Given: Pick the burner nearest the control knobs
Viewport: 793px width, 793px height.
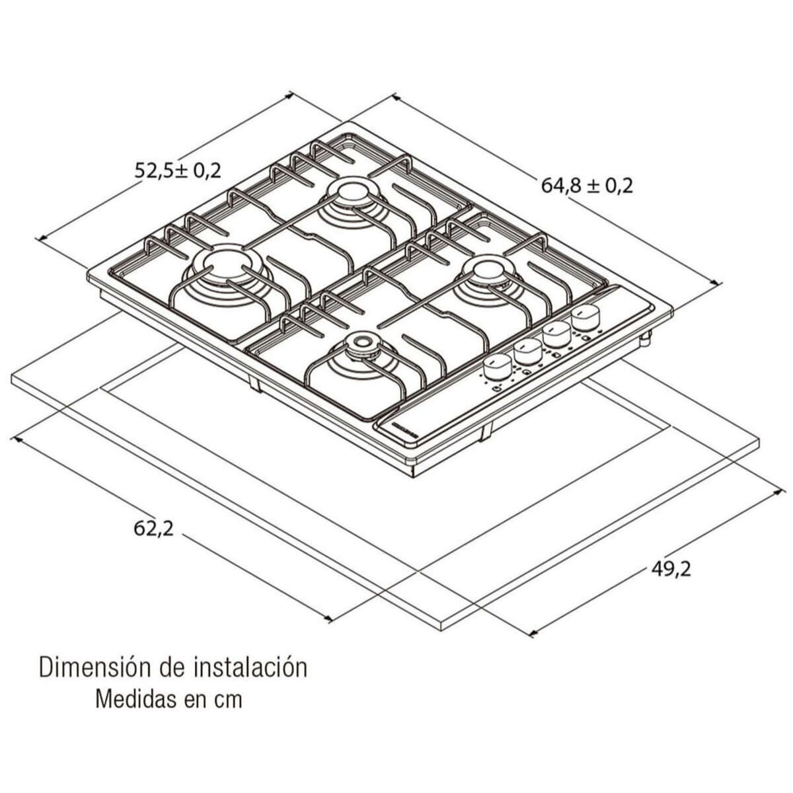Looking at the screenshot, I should click(x=488, y=270).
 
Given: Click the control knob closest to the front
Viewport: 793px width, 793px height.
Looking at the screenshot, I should click(x=498, y=365).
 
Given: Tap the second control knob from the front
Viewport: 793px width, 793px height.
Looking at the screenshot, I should click(x=527, y=350).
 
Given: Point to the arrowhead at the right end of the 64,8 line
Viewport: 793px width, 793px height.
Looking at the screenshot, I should click(x=718, y=283).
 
